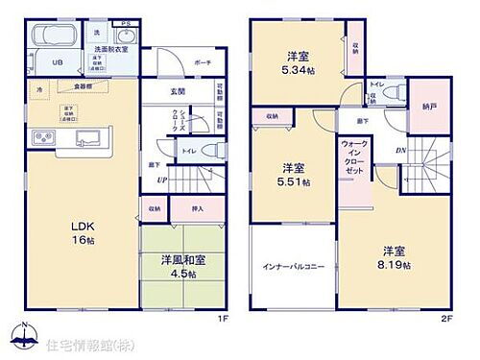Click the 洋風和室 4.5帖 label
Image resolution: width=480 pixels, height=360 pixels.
(174, 266)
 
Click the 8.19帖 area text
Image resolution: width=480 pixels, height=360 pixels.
(392, 258)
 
